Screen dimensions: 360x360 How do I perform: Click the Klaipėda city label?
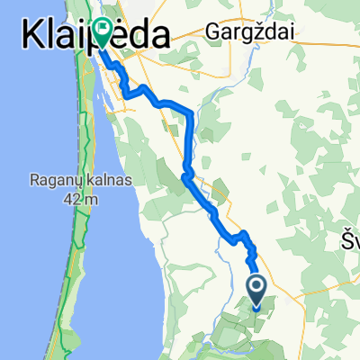coord(94,38)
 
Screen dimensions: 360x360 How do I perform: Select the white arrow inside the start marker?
coord(256,288)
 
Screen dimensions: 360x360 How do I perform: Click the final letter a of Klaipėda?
coord(162,39)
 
